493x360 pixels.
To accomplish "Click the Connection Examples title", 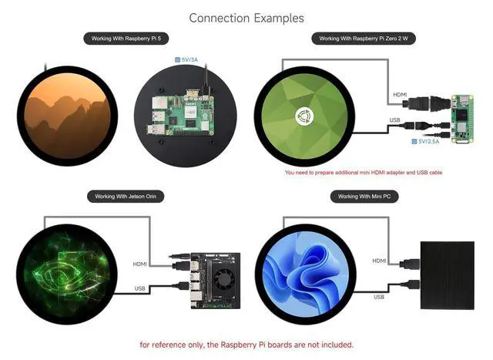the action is point(246,19).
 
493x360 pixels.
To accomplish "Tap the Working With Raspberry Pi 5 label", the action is point(126,39).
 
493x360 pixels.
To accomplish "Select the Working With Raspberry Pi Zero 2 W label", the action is point(364,39).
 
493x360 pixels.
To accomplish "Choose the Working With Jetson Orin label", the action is point(126,197).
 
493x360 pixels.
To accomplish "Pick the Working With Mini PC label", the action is point(364,197).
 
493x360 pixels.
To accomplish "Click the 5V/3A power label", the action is point(186,59).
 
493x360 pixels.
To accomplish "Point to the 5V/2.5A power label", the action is point(425,142).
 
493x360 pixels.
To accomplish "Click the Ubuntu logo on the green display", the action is point(305,116).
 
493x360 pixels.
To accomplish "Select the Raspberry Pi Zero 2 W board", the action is point(462,119).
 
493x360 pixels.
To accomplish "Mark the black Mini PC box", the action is point(448,275).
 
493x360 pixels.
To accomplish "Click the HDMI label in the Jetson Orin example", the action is point(140,264).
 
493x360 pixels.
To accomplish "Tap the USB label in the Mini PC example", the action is point(379,297).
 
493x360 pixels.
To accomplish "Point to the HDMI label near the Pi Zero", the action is point(400,95).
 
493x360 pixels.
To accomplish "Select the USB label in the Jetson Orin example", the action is point(140,288).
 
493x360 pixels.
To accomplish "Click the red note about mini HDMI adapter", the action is point(364,173).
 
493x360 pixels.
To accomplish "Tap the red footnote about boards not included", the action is point(246,345).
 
